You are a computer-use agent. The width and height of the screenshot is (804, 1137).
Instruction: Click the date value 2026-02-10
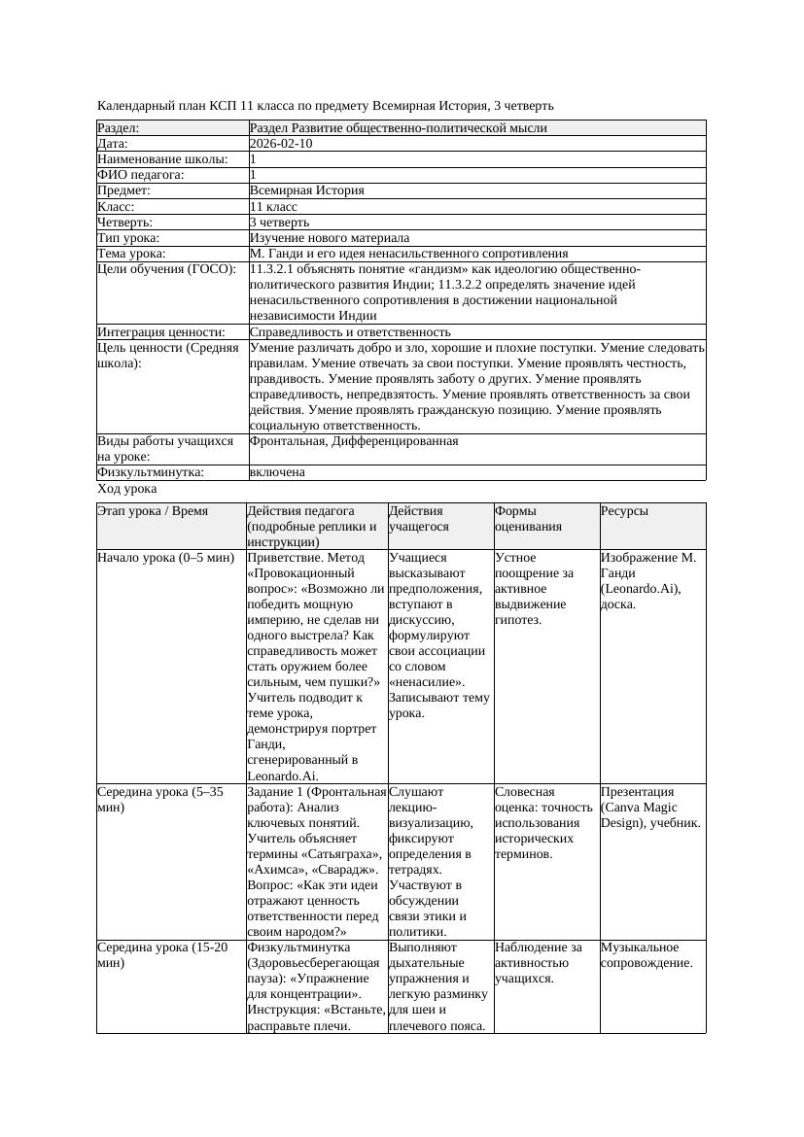(281, 144)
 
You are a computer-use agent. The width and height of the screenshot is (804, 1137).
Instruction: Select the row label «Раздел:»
(119, 128)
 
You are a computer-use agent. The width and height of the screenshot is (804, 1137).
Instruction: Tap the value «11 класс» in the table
(273, 207)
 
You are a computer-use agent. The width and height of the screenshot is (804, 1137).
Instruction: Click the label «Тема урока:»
(132, 254)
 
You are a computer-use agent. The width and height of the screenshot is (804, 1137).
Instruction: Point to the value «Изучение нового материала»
(329, 238)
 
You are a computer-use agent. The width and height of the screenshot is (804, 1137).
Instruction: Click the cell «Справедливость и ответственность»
(350, 332)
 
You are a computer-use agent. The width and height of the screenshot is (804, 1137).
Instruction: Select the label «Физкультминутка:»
(151, 472)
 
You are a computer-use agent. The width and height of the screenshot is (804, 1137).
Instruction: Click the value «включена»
(277, 472)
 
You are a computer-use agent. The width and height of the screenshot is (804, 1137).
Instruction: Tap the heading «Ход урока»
(127, 490)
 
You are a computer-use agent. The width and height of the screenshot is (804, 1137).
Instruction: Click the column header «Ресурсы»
(624, 511)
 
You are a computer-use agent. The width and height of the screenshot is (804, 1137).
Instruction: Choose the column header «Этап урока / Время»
(153, 511)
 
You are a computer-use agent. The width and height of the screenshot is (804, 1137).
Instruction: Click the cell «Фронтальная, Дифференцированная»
(354, 441)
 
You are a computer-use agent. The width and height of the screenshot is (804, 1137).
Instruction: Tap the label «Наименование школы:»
(163, 159)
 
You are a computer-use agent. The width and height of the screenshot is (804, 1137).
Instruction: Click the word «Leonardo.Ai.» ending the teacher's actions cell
(283, 775)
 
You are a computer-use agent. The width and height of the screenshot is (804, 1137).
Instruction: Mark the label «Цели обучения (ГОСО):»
(166, 269)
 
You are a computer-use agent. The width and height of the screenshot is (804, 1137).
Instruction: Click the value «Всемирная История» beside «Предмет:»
(306, 191)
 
